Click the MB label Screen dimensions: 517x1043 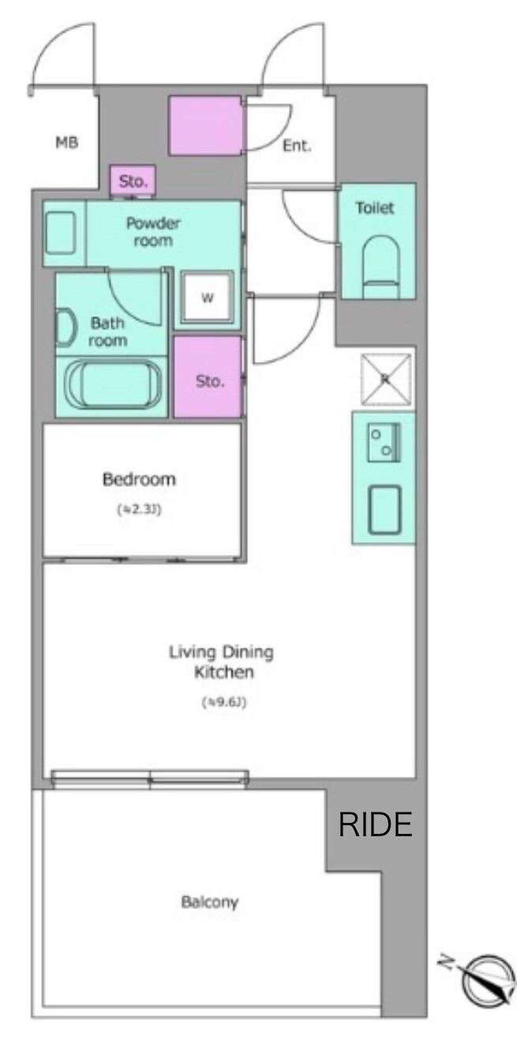[67, 142]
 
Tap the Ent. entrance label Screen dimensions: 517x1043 [297, 146]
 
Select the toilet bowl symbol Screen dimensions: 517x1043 [381, 267]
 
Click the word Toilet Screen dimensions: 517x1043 [375, 207]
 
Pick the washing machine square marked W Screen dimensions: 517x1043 [208, 297]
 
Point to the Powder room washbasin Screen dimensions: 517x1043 [61, 233]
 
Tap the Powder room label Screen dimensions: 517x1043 [153, 232]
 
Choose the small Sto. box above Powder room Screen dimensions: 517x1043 [133, 181]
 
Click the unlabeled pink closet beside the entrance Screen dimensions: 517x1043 [205, 125]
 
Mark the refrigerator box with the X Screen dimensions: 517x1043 [386, 379]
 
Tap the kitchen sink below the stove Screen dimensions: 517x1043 [384, 510]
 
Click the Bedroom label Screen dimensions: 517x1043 [139, 479]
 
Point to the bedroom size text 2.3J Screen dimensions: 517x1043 [139, 510]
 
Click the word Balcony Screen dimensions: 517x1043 [210, 902]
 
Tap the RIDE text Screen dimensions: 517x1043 [376, 824]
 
